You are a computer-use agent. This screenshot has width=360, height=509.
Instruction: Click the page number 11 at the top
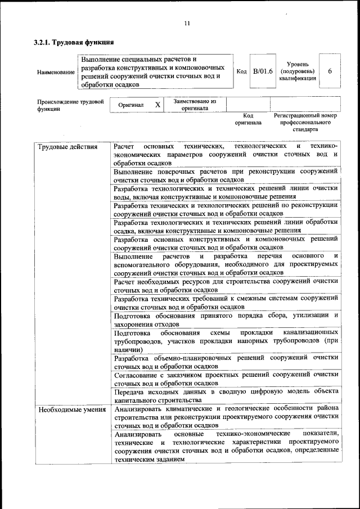pyautogui.click(x=187, y=23)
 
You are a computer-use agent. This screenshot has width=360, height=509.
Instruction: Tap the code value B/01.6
pyautogui.click(x=262, y=71)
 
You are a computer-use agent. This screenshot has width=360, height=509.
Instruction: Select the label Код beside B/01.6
pyautogui.click(x=241, y=71)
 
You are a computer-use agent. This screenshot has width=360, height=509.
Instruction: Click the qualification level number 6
pyautogui.click(x=330, y=71)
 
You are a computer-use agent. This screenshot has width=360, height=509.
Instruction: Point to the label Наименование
pyautogui.click(x=56, y=73)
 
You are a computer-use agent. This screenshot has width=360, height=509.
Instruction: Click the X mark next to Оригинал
pyautogui.click(x=157, y=105)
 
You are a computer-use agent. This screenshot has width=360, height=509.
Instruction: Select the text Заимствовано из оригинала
pyautogui.click(x=195, y=105)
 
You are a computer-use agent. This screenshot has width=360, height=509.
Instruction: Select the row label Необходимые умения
pyautogui.click(x=72, y=409)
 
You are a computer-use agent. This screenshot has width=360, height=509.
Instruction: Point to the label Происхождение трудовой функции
pyautogui.click(x=71, y=105)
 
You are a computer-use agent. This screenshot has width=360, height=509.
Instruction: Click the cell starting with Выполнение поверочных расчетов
pyautogui.click(x=225, y=175)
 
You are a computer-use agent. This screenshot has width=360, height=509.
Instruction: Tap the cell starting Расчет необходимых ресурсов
pyautogui.click(x=225, y=285)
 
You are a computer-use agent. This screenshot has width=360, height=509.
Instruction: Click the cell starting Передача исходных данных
pyautogui.click(x=225, y=395)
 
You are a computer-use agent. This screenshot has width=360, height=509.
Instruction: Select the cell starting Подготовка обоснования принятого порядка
pyautogui.click(x=225, y=319)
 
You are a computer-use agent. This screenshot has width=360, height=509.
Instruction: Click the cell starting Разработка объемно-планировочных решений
pyautogui.click(x=225, y=362)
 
